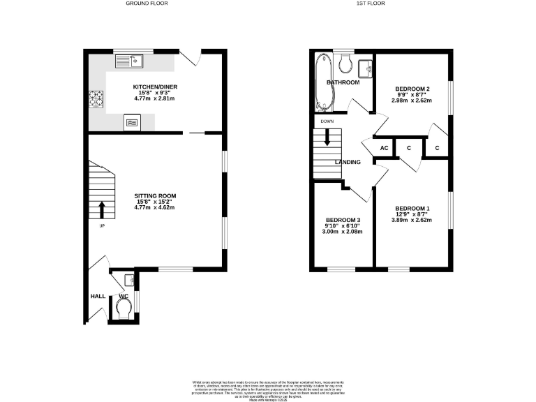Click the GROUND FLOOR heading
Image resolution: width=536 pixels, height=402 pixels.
147,3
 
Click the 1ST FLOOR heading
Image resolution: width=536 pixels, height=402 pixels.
371,3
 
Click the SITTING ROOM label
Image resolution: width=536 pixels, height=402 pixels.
155,195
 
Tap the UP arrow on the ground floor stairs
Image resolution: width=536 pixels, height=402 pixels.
102,208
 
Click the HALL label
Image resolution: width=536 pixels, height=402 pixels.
98,296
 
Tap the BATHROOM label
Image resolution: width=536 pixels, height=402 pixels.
343,82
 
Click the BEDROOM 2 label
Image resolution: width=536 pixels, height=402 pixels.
412,89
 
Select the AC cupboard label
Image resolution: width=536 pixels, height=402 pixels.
384,148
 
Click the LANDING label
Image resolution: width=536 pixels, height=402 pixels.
348,163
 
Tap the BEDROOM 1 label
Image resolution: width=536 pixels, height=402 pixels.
412,209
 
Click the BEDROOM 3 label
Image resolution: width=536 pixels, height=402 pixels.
343,221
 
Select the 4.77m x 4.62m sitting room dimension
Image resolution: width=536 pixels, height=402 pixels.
155,208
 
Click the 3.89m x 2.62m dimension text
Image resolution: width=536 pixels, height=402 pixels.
412,221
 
